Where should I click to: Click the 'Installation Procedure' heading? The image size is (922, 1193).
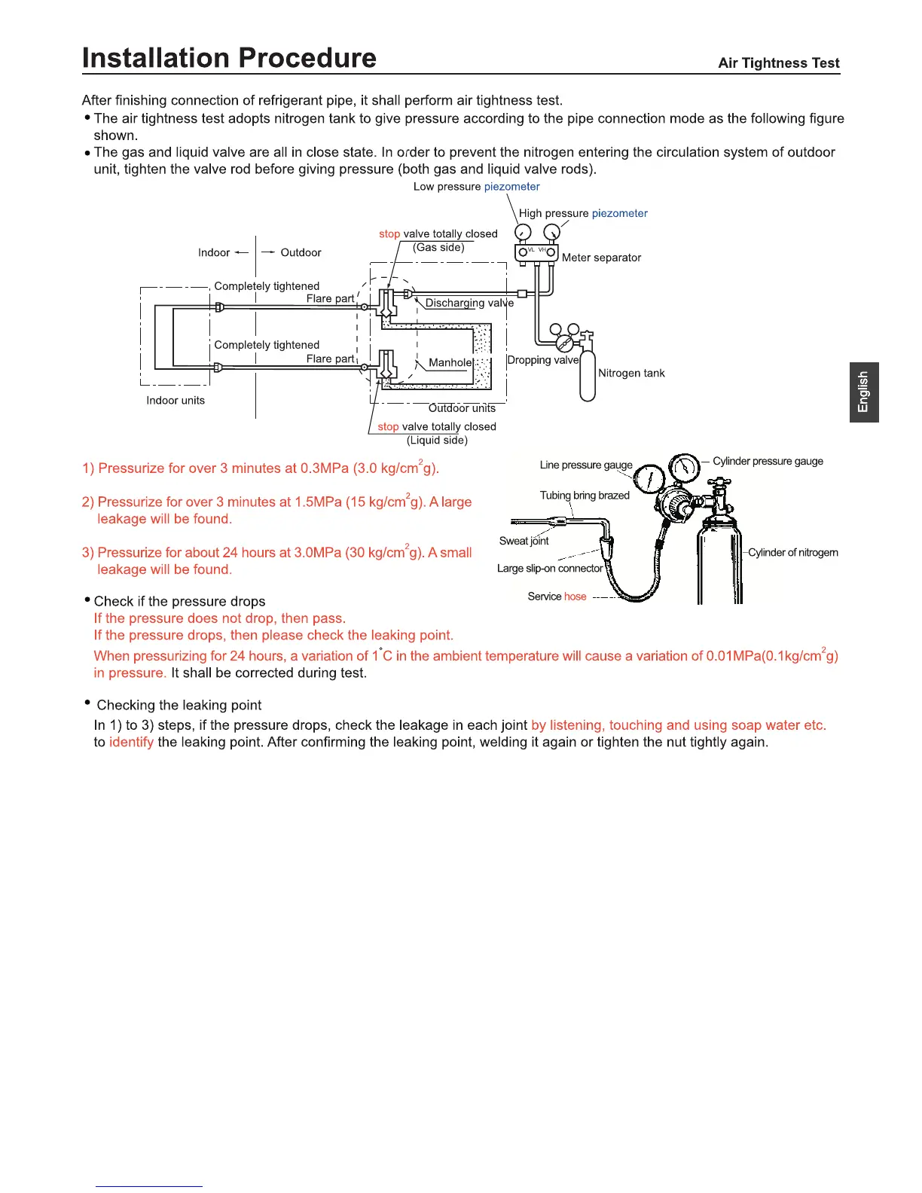(229, 58)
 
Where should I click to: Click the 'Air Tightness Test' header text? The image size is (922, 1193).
(778, 63)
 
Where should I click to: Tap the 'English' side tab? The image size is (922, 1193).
(863, 392)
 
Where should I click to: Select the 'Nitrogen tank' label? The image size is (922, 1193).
(631, 373)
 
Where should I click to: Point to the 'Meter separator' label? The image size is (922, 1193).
(601, 258)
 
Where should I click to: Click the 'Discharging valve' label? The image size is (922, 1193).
(469, 303)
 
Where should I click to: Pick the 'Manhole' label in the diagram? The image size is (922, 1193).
(450, 362)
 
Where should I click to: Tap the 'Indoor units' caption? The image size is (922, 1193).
(176, 401)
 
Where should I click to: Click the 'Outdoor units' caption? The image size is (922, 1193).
(462, 408)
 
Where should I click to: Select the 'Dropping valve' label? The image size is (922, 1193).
(542, 360)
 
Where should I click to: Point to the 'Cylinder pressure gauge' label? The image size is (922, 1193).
(768, 461)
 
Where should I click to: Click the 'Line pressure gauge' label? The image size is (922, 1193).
(585, 465)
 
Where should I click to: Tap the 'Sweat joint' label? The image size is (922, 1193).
(524, 541)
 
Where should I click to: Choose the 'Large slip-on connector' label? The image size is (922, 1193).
(549, 569)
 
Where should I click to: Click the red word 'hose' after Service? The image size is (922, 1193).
(575, 596)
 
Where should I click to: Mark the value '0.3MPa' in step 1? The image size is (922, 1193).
(324, 468)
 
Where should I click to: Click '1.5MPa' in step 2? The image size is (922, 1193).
(318, 502)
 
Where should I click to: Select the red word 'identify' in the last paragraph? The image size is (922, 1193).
(131, 743)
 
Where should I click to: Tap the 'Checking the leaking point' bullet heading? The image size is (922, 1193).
(179, 705)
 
